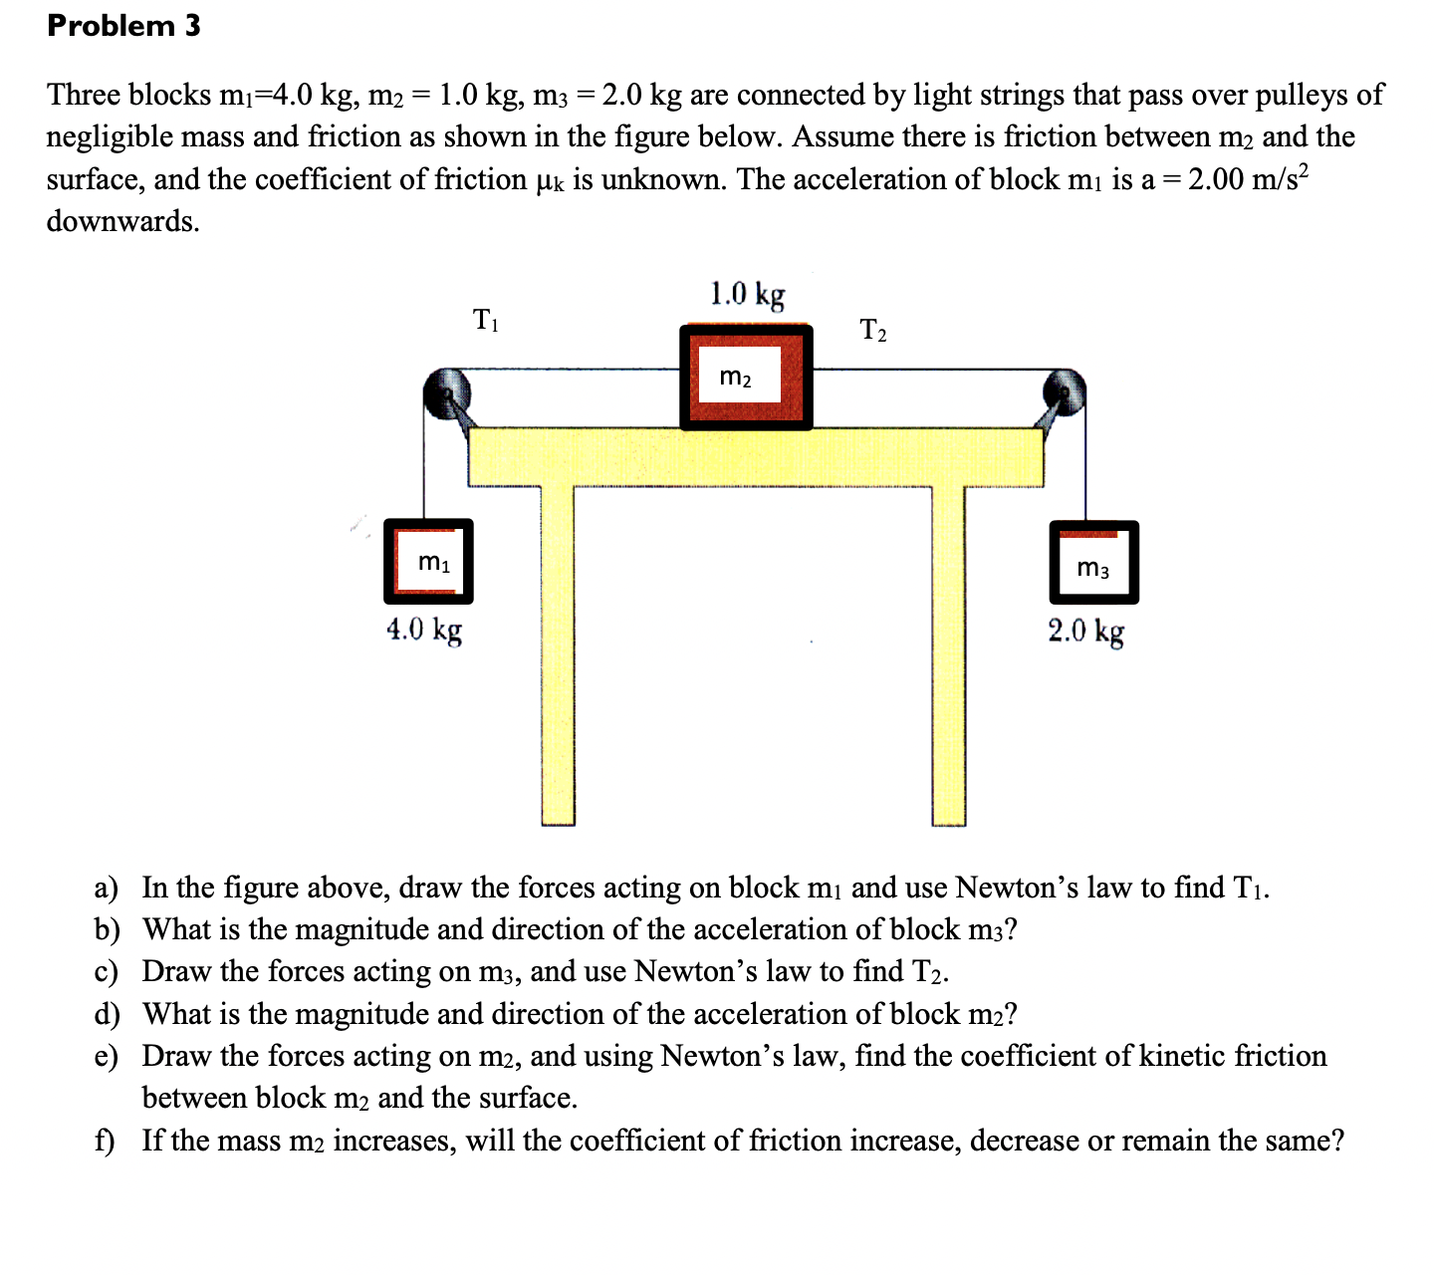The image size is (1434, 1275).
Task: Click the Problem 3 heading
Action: [123, 26]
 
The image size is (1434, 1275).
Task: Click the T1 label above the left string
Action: [485, 321]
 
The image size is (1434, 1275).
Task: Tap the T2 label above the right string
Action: [872, 330]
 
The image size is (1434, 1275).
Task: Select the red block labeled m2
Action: [746, 378]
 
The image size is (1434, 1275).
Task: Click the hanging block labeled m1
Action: [428, 562]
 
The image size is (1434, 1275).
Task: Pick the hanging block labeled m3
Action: [1092, 563]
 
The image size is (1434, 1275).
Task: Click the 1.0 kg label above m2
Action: [747, 294]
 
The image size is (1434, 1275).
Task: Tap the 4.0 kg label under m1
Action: [424, 630]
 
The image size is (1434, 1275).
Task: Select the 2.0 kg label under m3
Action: [1085, 631]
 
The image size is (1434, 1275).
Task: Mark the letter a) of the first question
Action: [106, 888]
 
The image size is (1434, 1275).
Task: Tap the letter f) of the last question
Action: [105, 1141]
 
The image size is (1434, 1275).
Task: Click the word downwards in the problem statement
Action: [122, 221]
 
